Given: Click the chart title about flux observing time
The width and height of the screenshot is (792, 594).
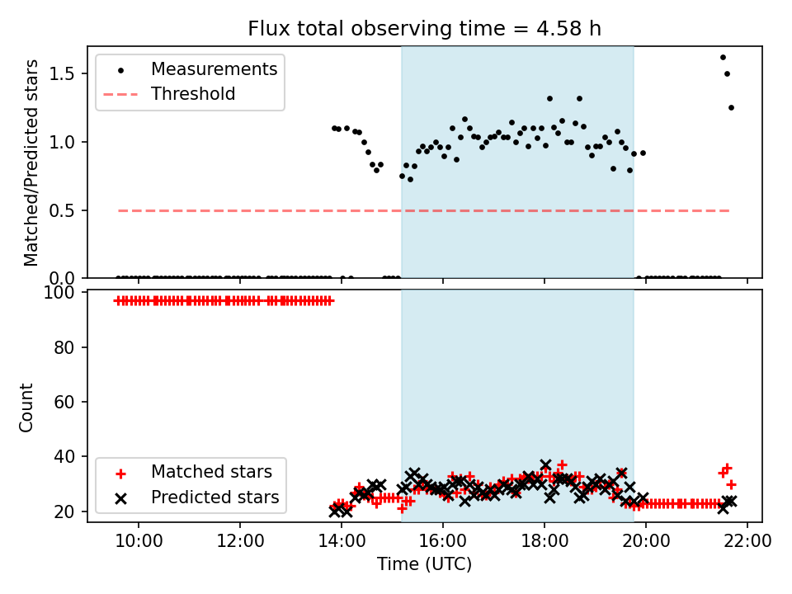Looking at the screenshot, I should point(425,29).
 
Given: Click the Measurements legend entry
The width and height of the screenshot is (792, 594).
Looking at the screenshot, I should point(214,69).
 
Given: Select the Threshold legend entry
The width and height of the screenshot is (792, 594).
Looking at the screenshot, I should point(193,94).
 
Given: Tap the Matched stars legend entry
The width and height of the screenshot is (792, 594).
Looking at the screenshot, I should point(211,473).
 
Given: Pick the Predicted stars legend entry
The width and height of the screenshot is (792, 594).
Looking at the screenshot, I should point(214,497).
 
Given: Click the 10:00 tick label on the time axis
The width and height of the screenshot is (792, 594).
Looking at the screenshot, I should point(139,541).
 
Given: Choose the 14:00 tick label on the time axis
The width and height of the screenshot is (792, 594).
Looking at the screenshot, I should point(342,541).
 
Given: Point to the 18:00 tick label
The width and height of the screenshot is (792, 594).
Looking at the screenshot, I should point(544,541).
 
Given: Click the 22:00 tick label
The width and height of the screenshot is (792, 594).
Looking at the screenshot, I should point(747,541).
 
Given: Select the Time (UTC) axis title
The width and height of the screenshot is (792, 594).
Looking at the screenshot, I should point(425,565).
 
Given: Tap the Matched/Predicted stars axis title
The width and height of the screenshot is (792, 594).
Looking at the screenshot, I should point(32,163).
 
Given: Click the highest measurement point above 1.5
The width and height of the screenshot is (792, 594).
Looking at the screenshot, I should point(723,57).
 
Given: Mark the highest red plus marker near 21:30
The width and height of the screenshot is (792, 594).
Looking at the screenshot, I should point(727,468).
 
